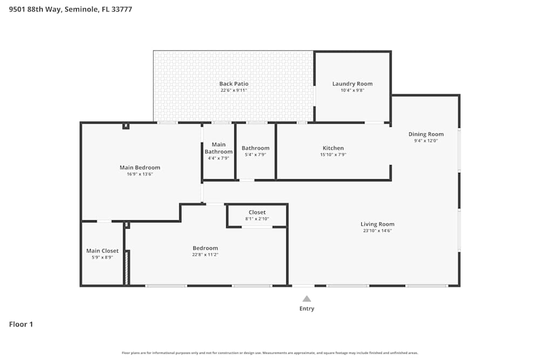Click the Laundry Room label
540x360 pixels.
coord(352,84)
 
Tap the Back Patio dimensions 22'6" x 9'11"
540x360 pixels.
coord(233,90)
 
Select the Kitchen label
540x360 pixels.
coord(333,148)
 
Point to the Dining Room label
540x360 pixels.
coord(426,134)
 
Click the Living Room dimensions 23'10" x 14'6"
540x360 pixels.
coord(377,230)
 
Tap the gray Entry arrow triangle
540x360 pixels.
coord(307,298)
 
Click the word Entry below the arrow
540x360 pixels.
coord(307,309)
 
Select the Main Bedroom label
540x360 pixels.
coord(140,167)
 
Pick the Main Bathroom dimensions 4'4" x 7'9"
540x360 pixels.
coord(219,159)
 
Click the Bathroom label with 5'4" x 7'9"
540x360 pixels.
coord(255,148)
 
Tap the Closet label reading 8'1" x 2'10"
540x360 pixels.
coord(257,212)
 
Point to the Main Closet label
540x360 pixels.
coord(102,251)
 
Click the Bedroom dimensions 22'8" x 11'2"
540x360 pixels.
coord(205,255)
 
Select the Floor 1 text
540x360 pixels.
coord(21,324)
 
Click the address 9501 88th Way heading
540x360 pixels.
coord(71,9)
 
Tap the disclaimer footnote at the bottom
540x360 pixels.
coord(270,353)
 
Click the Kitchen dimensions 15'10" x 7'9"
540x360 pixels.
coord(333,154)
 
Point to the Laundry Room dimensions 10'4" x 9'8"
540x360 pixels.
coord(352,90)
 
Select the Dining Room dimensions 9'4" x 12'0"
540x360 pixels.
coord(426,141)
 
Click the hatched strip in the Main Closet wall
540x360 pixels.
coord(127,267)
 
